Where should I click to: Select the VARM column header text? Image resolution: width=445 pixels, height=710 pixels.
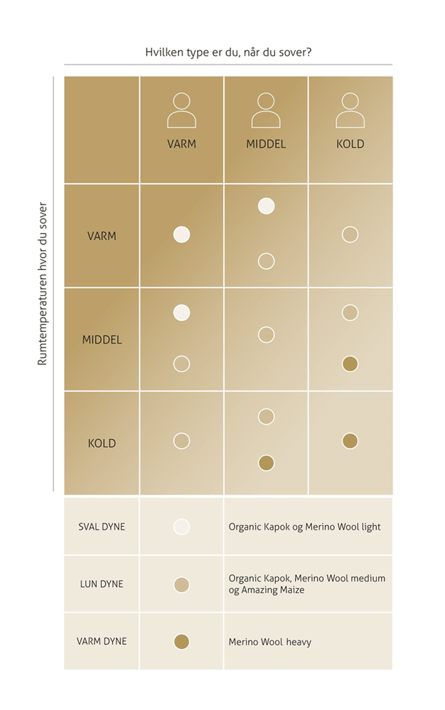[x=181, y=143]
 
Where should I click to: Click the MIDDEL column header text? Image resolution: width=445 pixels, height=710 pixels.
[x=266, y=143]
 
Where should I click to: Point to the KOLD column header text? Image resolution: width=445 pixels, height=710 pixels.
[x=350, y=143]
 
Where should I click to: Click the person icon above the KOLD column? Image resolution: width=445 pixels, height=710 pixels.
[x=350, y=110]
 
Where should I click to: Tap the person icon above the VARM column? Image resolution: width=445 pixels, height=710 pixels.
[x=181, y=110]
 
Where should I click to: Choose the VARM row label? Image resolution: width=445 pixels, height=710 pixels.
[x=102, y=236]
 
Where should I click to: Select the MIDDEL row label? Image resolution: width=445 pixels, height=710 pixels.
[x=102, y=339]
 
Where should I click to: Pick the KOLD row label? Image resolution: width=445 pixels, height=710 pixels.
[x=102, y=443]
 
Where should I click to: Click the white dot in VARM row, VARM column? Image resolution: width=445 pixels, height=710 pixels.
[x=181, y=234]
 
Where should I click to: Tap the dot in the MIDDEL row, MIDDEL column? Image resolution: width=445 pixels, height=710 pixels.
[x=266, y=334]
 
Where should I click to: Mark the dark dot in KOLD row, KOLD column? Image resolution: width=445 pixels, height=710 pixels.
[x=350, y=441]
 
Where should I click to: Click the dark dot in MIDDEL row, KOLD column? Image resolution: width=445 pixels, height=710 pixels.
[x=350, y=364]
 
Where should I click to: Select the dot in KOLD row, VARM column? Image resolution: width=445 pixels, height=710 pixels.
[x=181, y=441]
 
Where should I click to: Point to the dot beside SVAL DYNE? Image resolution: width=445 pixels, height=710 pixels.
[x=181, y=527]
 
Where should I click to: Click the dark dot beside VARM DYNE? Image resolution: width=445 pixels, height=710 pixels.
[x=181, y=642]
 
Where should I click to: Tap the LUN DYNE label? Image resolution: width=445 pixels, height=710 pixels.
[x=102, y=584]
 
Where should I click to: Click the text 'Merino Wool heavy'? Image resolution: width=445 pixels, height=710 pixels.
[x=270, y=642]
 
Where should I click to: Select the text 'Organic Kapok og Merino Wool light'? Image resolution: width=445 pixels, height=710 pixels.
[x=304, y=527]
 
